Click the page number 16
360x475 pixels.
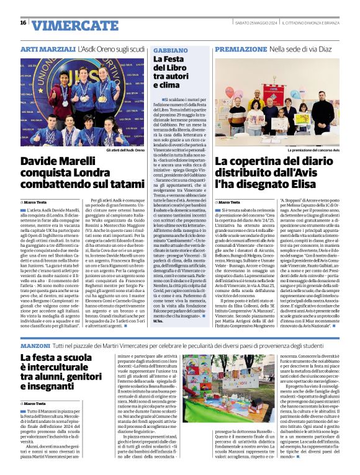[23, 23]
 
